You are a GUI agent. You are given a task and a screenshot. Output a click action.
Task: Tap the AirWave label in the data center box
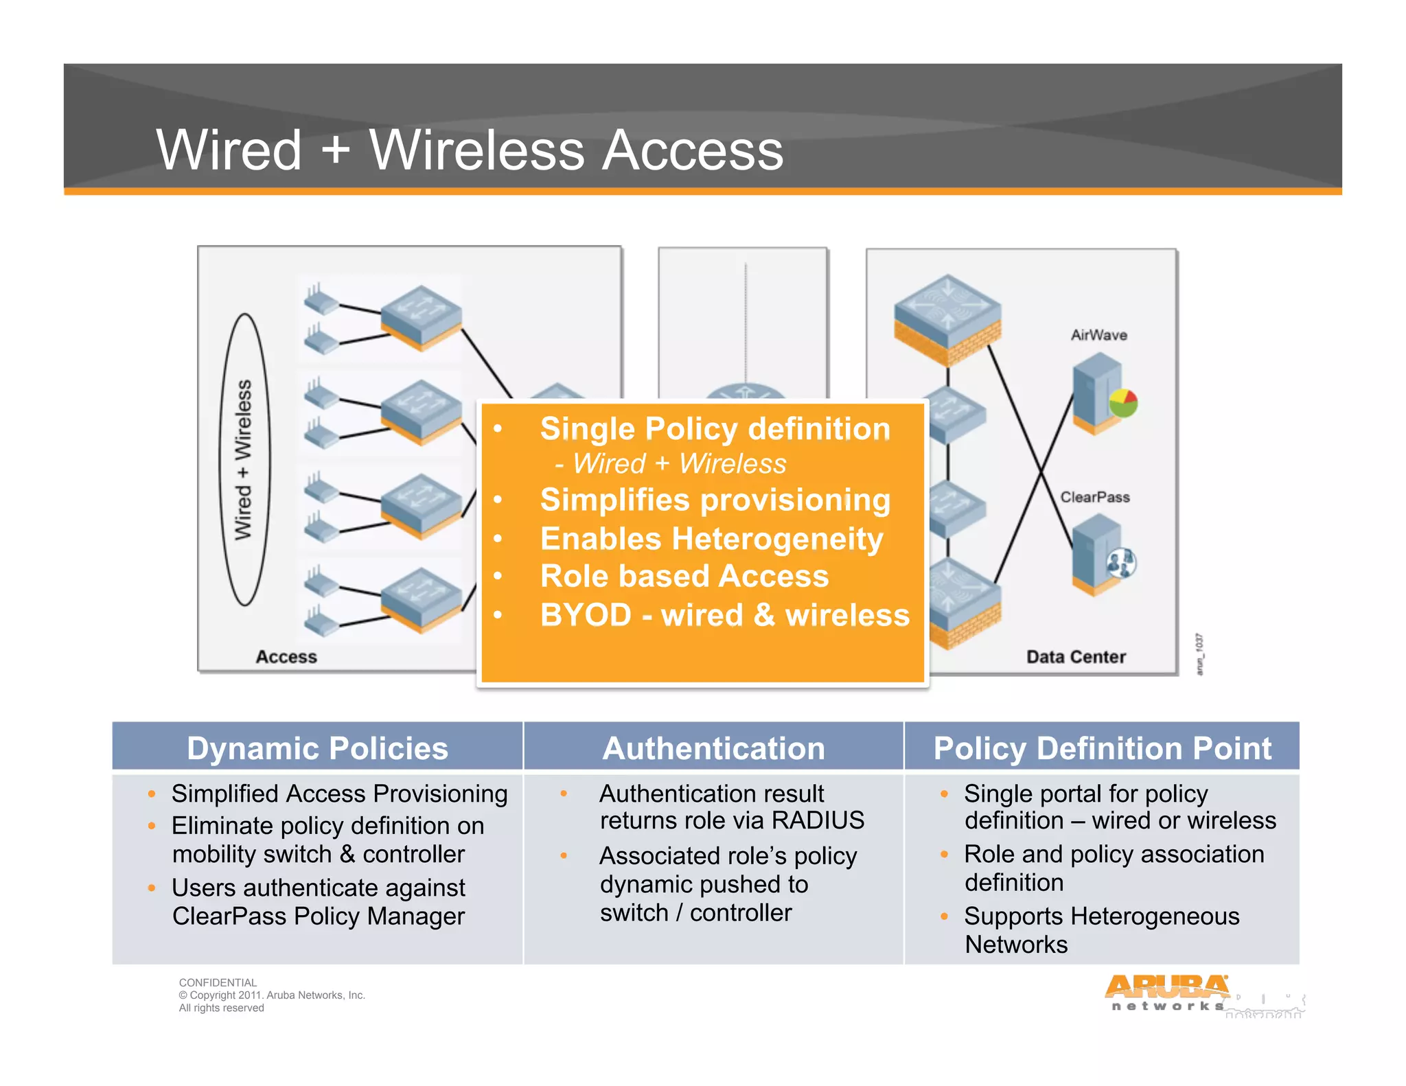pyautogui.click(x=1098, y=335)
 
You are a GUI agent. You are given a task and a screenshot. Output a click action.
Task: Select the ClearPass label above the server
pyautogui.click(x=1094, y=497)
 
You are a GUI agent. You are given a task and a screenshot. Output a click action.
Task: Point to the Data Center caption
pyautogui.click(x=1076, y=657)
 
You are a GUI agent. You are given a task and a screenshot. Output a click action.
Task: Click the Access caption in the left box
pyautogui.click(x=286, y=657)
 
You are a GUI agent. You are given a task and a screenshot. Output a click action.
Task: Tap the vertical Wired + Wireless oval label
pyautogui.click(x=244, y=460)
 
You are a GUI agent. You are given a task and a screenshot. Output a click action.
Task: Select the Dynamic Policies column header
pyautogui.click(x=317, y=748)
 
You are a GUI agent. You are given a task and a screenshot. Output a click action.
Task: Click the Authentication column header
pyautogui.click(x=713, y=748)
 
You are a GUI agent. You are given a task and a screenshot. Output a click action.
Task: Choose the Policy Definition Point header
pyautogui.click(x=1102, y=748)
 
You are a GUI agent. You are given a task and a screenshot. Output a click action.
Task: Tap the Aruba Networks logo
pyautogui.click(x=1167, y=993)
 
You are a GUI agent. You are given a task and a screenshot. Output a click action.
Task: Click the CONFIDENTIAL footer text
pyautogui.click(x=218, y=982)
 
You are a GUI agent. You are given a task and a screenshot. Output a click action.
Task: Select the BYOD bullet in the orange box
pyautogui.click(x=724, y=614)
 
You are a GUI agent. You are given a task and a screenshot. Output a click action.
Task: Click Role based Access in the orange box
pyautogui.click(x=684, y=576)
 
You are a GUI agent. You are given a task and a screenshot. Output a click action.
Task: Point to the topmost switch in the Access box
pyautogui.click(x=421, y=315)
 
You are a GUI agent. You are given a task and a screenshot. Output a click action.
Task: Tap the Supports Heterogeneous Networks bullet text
pyautogui.click(x=1100, y=929)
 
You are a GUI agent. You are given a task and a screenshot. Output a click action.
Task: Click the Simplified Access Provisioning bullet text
pyautogui.click(x=339, y=794)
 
